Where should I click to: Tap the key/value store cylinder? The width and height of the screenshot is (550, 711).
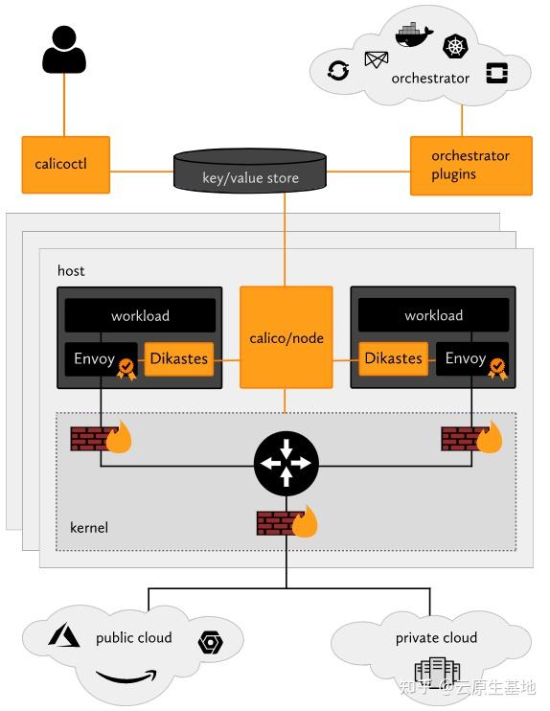tap(250, 172)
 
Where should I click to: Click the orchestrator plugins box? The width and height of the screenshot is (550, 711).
tap(470, 165)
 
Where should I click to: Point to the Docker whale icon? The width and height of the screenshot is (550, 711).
tap(409, 34)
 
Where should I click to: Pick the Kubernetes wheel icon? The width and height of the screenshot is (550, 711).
tap(454, 46)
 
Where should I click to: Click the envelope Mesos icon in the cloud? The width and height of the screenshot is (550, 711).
tap(376, 60)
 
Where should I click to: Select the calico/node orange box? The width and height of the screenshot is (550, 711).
tap(286, 337)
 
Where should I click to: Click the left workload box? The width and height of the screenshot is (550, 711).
tap(140, 315)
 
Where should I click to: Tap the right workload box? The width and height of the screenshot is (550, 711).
tap(433, 315)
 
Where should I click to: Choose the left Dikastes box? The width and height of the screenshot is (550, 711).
tap(178, 358)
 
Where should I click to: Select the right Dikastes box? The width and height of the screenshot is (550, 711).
tap(393, 358)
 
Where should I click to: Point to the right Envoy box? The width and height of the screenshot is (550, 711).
tap(468, 358)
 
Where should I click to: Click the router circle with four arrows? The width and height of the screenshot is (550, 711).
tap(285, 464)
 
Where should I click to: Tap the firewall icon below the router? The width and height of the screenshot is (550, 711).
tap(286, 522)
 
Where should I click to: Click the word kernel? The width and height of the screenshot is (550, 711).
tap(89, 528)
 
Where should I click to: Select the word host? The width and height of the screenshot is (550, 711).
tap(71, 271)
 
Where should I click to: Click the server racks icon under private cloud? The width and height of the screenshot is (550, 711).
tap(437, 672)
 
